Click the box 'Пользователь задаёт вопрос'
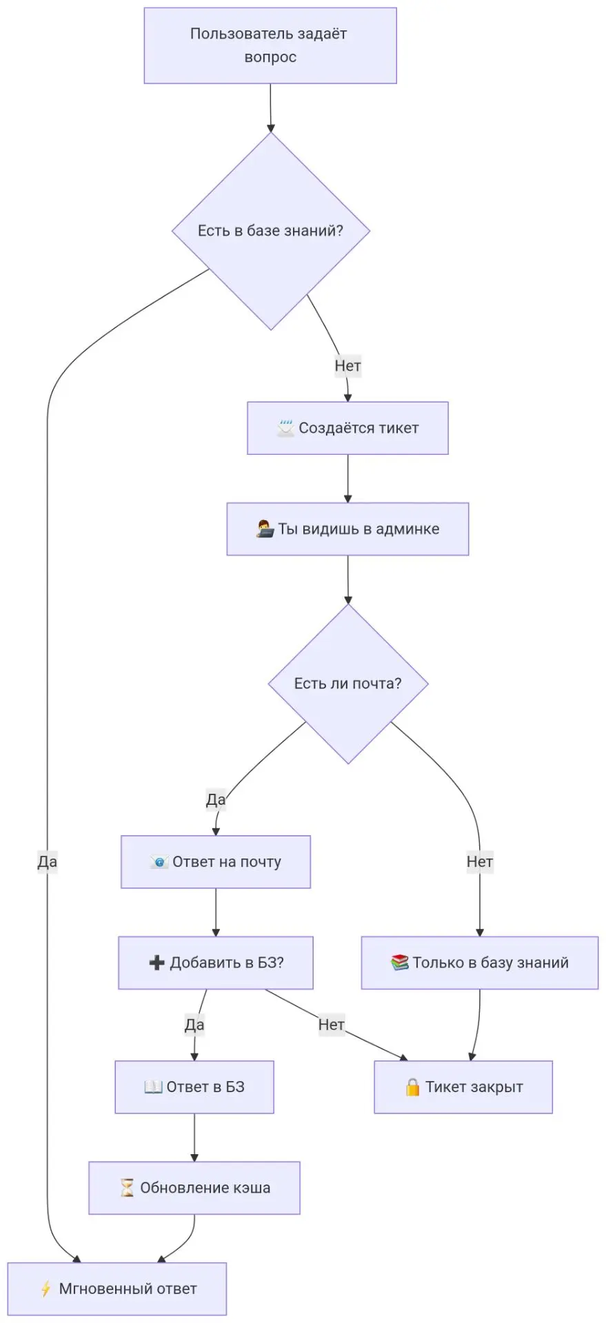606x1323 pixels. (x=270, y=45)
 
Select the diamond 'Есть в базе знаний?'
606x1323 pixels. (x=271, y=231)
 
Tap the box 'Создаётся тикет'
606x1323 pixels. (x=347, y=428)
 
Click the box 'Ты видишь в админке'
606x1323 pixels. (x=347, y=529)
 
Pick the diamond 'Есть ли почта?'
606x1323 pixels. (x=348, y=684)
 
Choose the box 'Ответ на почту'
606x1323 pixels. (x=216, y=862)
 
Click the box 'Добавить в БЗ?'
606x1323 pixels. (x=216, y=963)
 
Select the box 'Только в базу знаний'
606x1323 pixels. (x=480, y=963)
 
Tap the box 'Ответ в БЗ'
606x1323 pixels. (x=194, y=1087)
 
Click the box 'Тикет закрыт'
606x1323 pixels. (x=463, y=1087)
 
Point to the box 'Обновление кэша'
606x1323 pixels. (x=194, y=1188)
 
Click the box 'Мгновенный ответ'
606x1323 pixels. (x=117, y=1289)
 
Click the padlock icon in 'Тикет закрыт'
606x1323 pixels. (x=412, y=1087)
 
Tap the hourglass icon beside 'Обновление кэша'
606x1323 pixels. (x=128, y=1188)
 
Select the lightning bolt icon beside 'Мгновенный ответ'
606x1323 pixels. (x=46, y=1289)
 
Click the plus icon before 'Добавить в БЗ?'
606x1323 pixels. (x=156, y=963)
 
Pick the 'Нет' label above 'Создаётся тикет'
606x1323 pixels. (x=347, y=366)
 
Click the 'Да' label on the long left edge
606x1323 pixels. (x=48, y=861)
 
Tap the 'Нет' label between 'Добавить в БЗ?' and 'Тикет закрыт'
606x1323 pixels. (x=332, y=1025)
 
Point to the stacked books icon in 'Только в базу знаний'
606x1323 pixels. (x=400, y=963)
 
